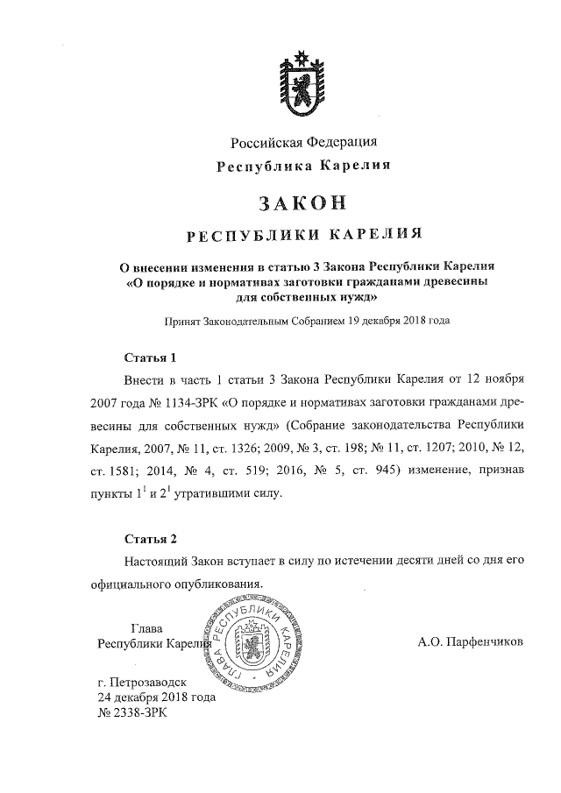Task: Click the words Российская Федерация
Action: click(x=304, y=143)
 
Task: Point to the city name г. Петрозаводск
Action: click(x=146, y=682)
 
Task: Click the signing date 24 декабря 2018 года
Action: click(x=156, y=697)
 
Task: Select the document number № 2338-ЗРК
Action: click(x=131, y=713)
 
